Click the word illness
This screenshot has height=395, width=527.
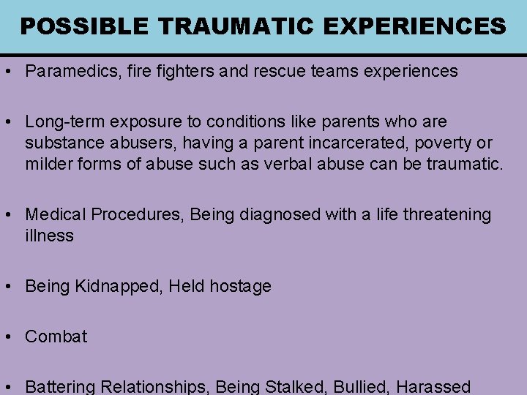coord(49,236)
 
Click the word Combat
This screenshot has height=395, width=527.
coord(56,336)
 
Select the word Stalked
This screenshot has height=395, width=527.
coord(299,386)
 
